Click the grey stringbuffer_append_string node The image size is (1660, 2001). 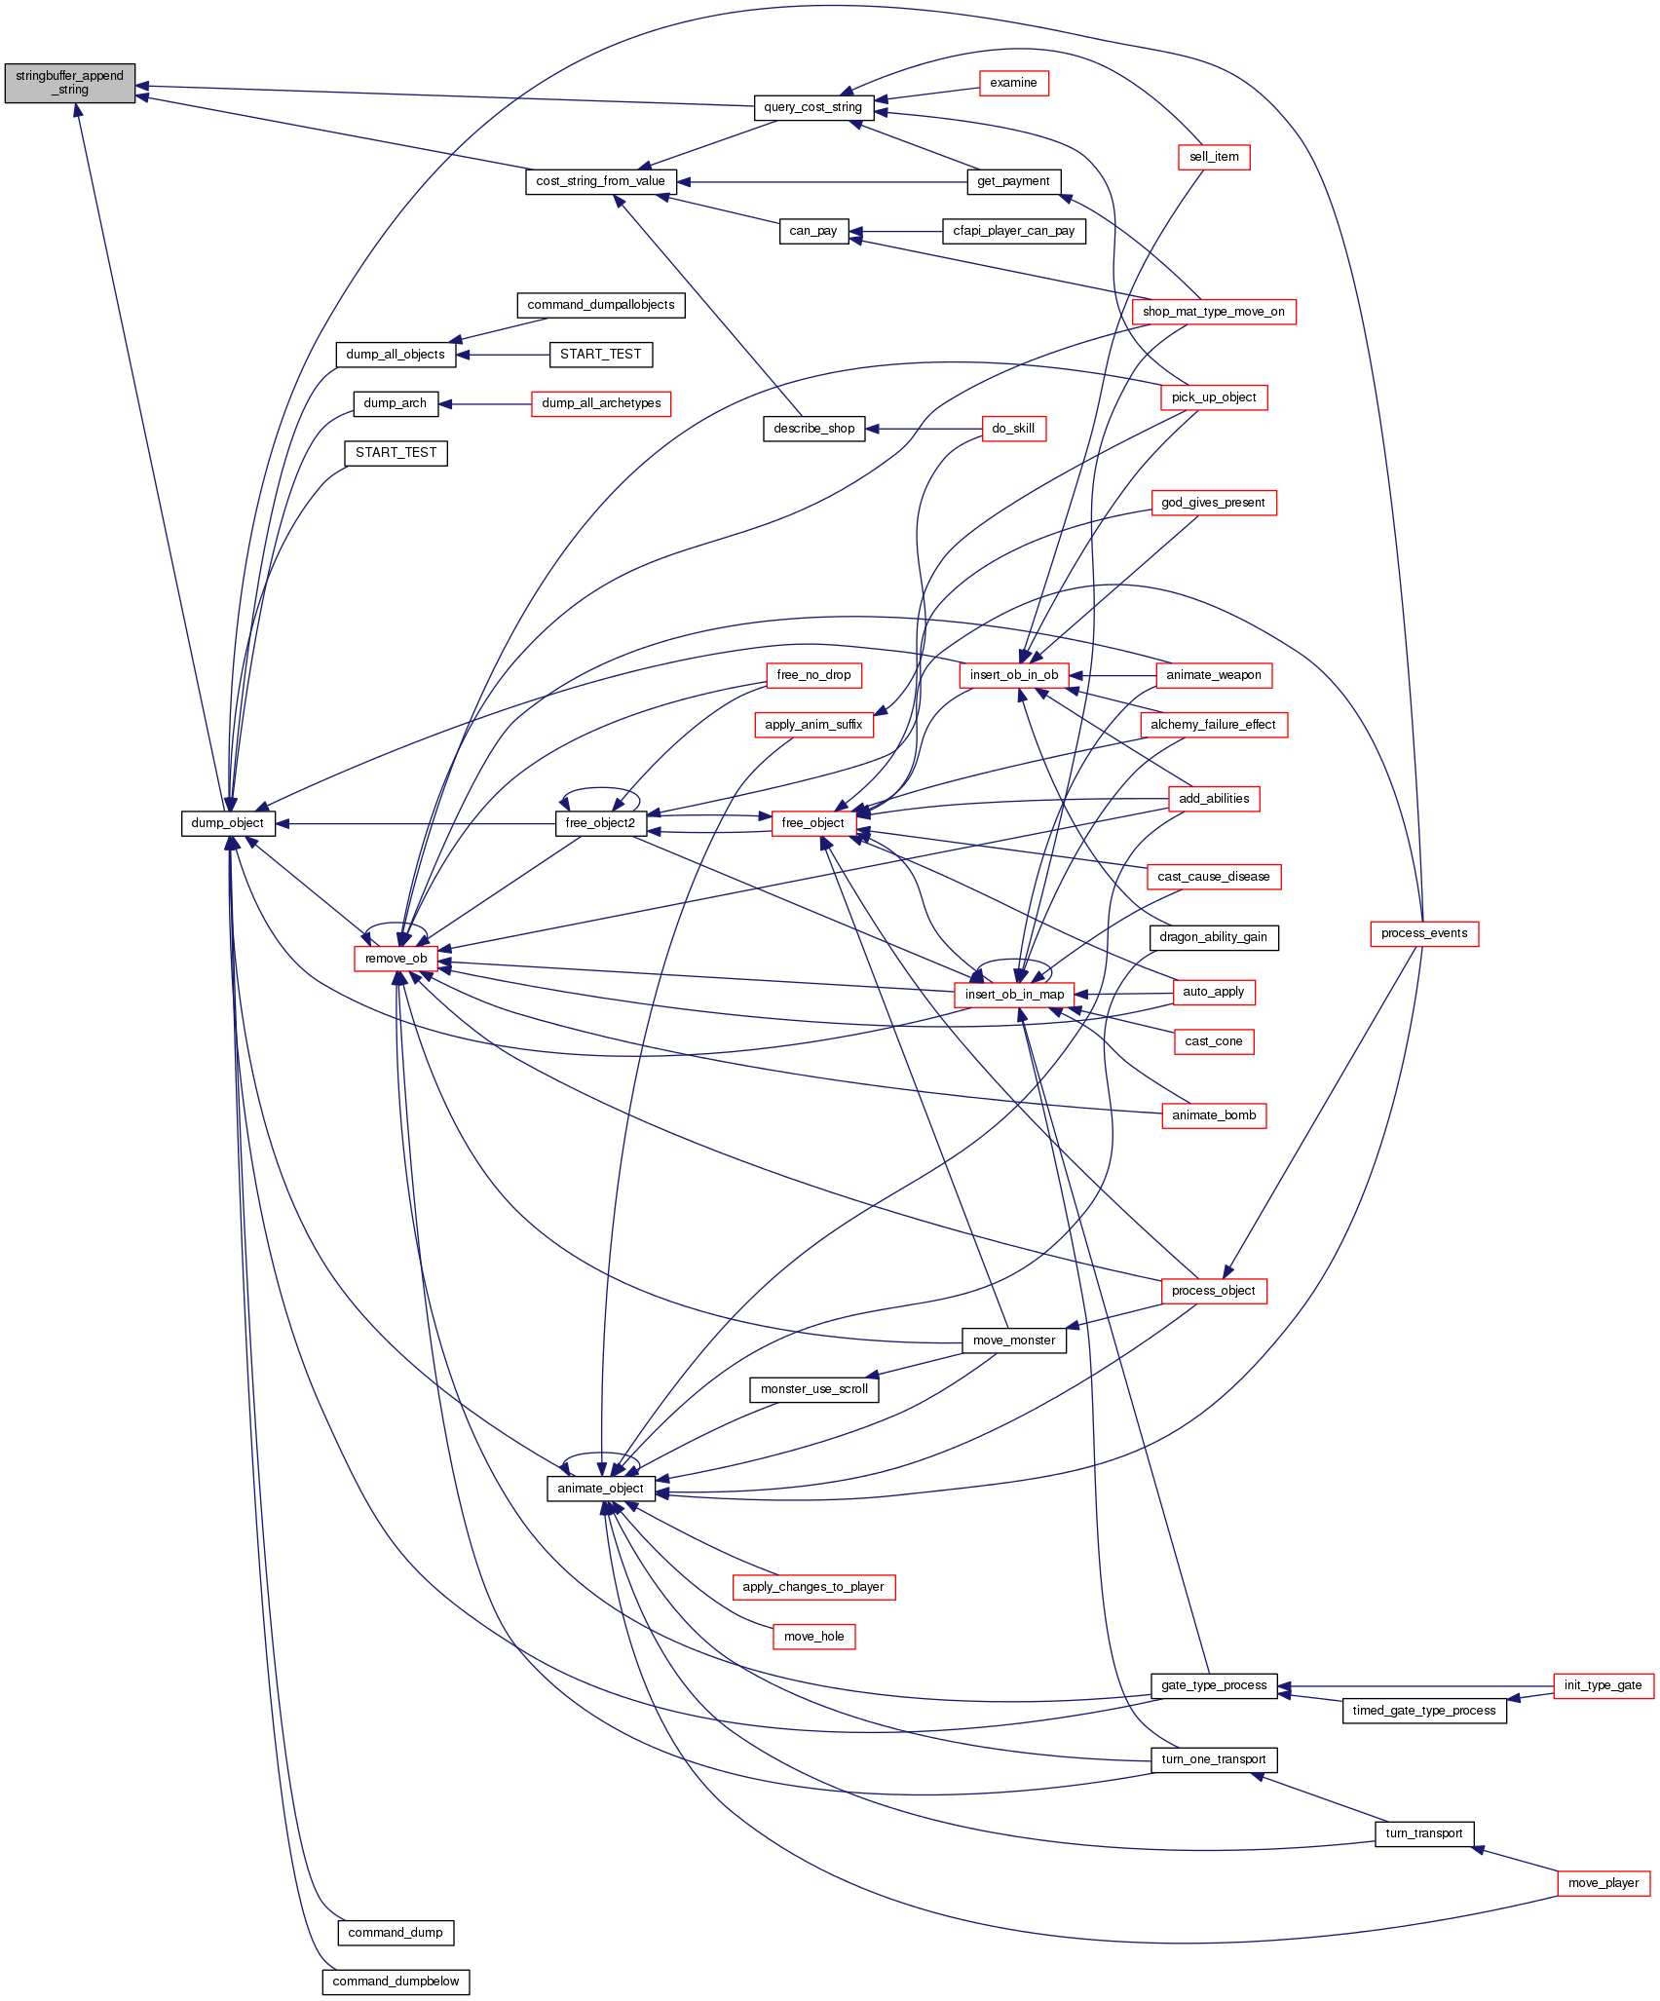pyautogui.click(x=69, y=83)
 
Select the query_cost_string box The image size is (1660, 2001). pyautogui.click(x=812, y=107)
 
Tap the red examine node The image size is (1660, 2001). pyautogui.click(x=1013, y=83)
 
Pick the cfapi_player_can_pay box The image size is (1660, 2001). pyautogui.click(x=1013, y=231)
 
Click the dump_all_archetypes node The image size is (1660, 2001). pyautogui.click(x=601, y=403)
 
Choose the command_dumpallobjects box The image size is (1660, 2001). pyautogui.click(x=601, y=305)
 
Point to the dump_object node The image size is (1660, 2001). pyautogui.click(x=227, y=823)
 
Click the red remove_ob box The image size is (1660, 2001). pyautogui.click(x=396, y=959)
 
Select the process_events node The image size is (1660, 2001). pyautogui.click(x=1423, y=933)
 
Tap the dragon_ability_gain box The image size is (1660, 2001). pyautogui.click(x=1213, y=937)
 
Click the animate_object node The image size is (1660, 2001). pyautogui.click(x=600, y=1489)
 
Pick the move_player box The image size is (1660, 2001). pyautogui.click(x=1603, y=1883)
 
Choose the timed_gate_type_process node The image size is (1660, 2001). pyautogui.click(x=1423, y=1711)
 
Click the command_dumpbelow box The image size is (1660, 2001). pyautogui.click(x=396, y=1982)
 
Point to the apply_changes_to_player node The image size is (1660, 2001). pyautogui.click(x=812, y=1587)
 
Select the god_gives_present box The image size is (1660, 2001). pyautogui.click(x=1213, y=503)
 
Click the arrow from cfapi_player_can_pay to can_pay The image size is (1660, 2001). pyautogui.click(x=896, y=232)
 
